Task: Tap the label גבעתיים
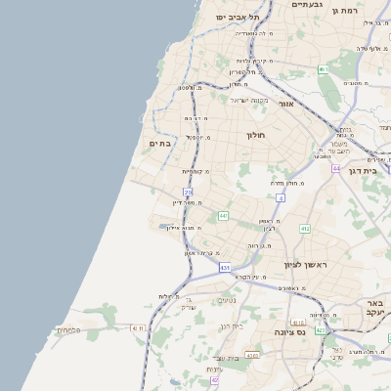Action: click(308, 5)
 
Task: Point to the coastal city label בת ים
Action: click(159, 143)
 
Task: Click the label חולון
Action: click(256, 133)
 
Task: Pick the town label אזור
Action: click(285, 104)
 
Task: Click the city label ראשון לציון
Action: click(303, 264)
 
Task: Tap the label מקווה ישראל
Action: click(249, 100)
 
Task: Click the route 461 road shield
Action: click(322, 69)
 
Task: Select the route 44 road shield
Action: click(335, 168)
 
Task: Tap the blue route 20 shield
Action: click(188, 193)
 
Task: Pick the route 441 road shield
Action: click(224, 215)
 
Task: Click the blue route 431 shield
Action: click(225, 267)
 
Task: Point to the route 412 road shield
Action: click(305, 228)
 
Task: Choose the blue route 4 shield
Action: click(280, 197)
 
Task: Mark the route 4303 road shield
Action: click(251, 356)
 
